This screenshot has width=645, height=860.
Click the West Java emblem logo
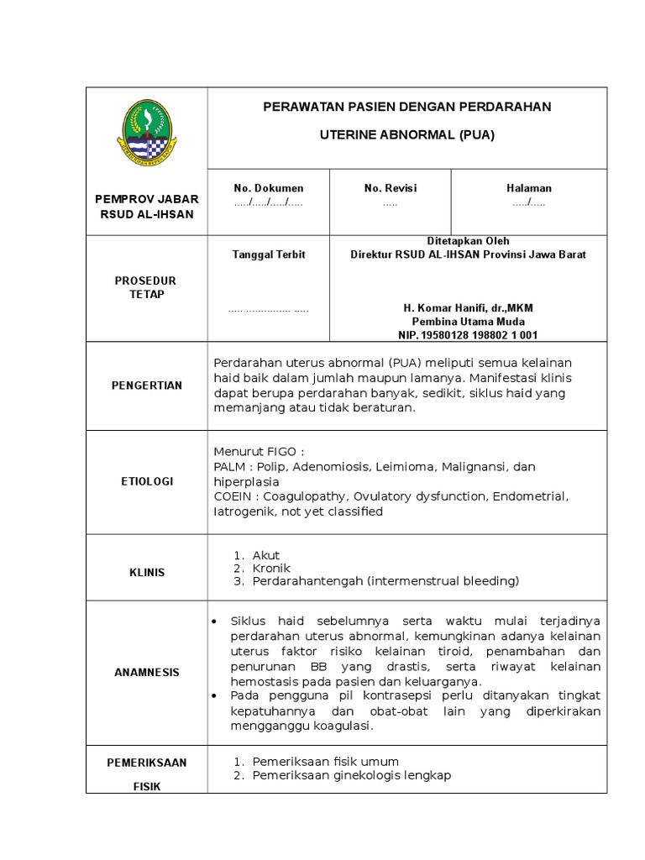click(146, 134)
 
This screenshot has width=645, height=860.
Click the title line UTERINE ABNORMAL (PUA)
click(407, 134)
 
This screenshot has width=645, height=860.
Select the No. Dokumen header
click(269, 188)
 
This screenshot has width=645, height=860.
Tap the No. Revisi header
click(391, 188)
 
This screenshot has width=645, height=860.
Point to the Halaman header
click(529, 188)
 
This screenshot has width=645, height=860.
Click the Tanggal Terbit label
click(269, 254)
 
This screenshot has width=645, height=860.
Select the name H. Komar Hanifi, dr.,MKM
click(468, 308)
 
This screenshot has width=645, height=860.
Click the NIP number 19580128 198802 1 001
click(468, 335)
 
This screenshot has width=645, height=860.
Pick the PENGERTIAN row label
click(147, 385)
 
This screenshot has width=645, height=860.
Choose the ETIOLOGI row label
click(147, 481)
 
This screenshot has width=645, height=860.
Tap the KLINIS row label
click(147, 573)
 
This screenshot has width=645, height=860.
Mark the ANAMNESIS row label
click(147, 673)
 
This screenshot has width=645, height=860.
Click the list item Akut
click(266, 555)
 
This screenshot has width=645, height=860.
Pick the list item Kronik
click(271, 569)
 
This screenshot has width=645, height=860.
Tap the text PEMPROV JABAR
click(147, 199)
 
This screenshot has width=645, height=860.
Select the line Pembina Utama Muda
click(468, 322)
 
